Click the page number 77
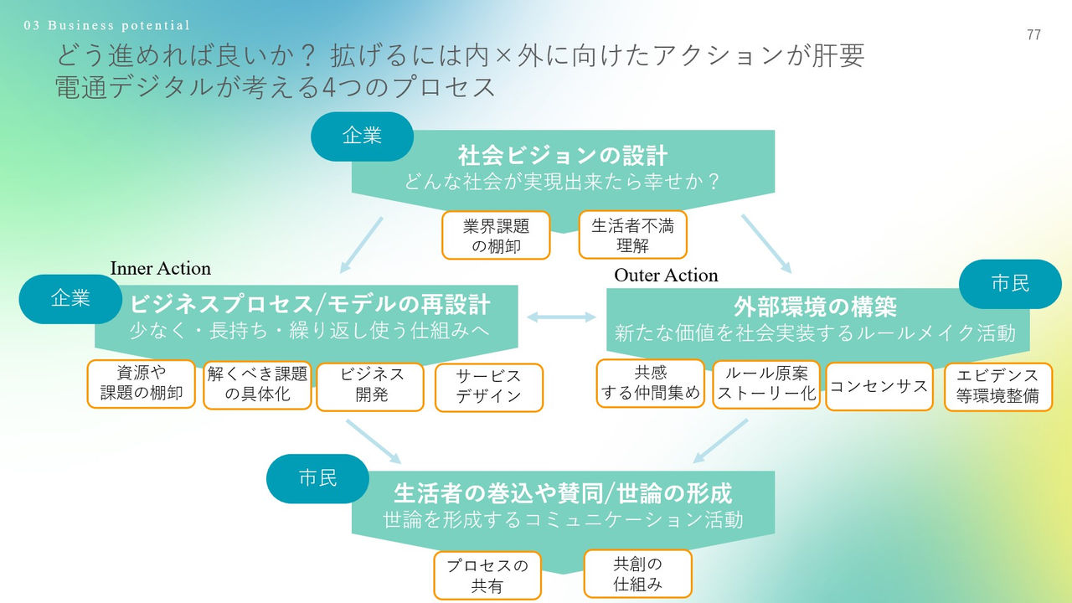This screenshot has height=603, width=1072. click(1033, 34)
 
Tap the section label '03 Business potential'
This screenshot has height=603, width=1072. click(107, 25)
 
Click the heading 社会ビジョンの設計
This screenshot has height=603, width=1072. click(562, 156)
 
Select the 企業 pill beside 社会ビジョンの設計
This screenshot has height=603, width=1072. click(362, 137)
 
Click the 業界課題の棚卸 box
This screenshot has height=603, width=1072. click(497, 234)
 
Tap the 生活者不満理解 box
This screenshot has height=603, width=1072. click(632, 234)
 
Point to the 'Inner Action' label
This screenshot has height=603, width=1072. click(161, 268)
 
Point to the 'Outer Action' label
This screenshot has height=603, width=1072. click(666, 275)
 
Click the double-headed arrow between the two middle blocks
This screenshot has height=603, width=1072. click(560, 317)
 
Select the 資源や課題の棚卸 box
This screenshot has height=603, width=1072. click(141, 384)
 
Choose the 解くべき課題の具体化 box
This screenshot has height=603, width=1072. click(257, 385)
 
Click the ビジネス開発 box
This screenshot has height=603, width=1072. click(370, 386)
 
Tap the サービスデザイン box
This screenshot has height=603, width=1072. click(488, 387)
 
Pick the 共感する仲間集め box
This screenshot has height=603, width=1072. click(651, 384)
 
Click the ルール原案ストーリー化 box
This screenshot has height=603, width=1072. click(765, 385)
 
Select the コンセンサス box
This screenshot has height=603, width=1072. click(879, 386)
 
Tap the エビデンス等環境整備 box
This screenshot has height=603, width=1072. click(997, 386)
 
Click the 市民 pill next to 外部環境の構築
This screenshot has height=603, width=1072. click(1009, 284)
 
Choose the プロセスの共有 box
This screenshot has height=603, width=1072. click(487, 575)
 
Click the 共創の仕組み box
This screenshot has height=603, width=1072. click(637, 574)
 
